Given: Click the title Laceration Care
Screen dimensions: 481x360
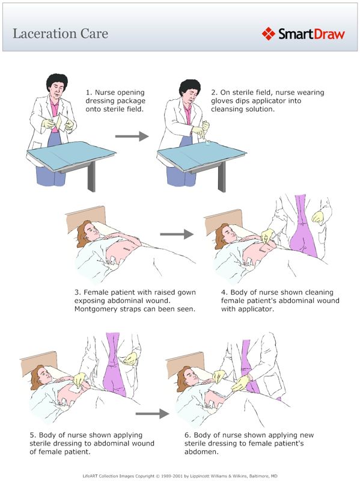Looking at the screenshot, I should pyautogui.click(x=60, y=34).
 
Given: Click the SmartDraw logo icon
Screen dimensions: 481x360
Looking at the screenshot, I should pyautogui.click(x=268, y=34).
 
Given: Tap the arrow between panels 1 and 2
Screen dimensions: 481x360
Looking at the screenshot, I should pyautogui.click(x=131, y=136).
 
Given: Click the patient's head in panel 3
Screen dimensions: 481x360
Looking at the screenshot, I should pyautogui.click(x=84, y=231).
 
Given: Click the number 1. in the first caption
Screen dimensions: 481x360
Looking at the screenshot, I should pyautogui.click(x=89, y=93).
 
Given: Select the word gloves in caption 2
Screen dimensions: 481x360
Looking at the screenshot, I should pyautogui.click(x=224, y=102).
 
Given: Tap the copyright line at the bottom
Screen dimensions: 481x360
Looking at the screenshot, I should pyautogui.click(x=180, y=475).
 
